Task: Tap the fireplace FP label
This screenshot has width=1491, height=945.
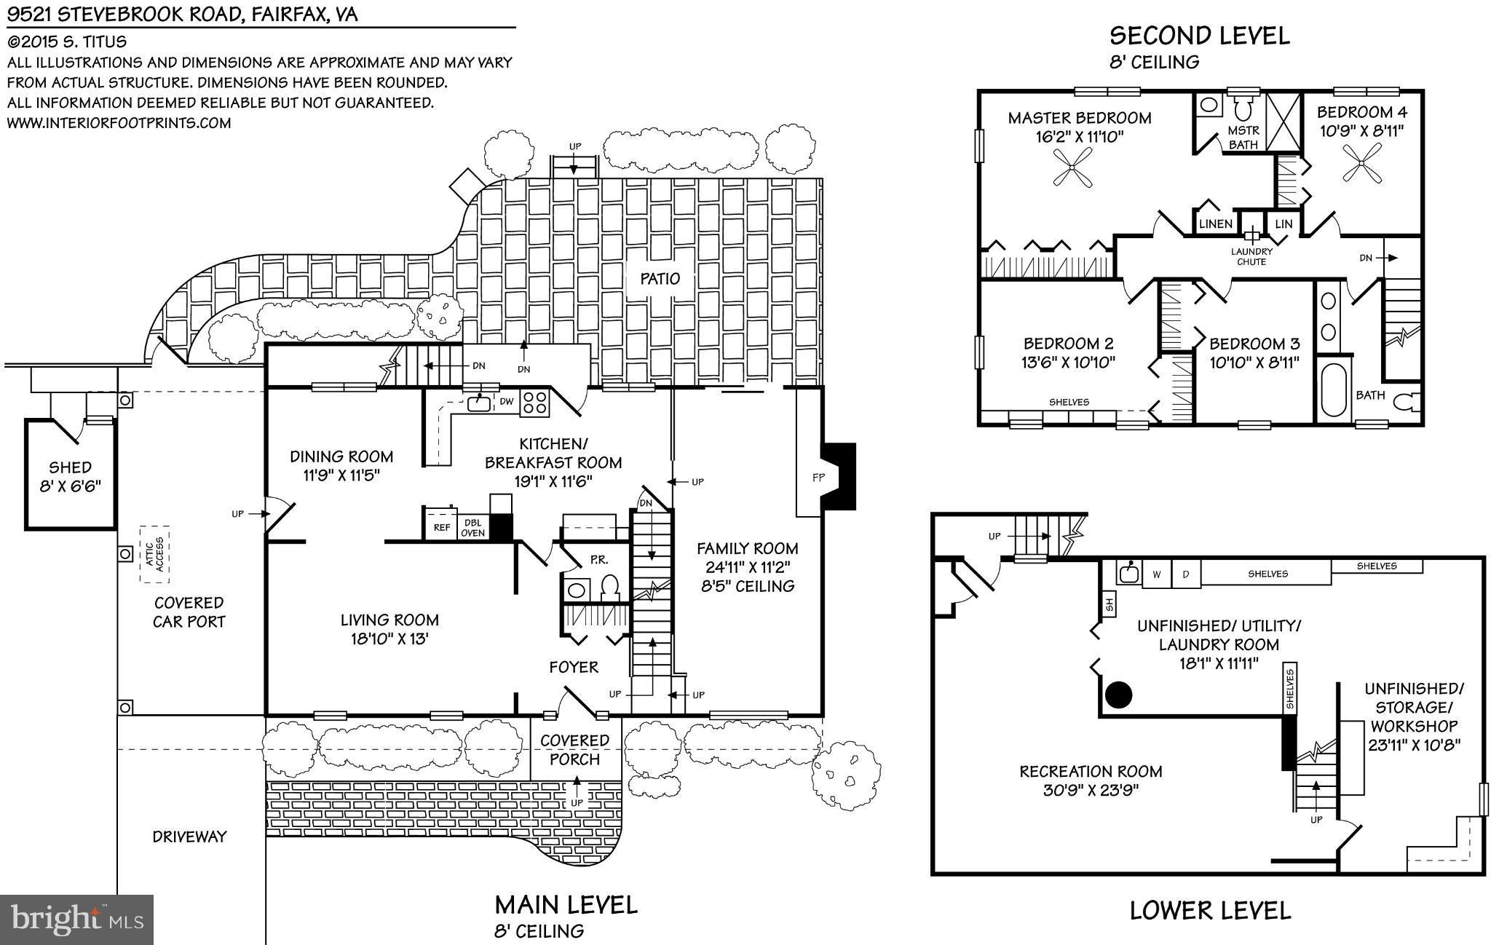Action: (x=818, y=478)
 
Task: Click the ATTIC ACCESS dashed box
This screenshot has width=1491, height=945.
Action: (x=154, y=555)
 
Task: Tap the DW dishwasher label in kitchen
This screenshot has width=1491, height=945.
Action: (x=506, y=401)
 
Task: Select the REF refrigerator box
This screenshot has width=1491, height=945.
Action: (x=441, y=527)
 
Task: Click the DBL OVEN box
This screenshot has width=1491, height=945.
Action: (x=473, y=527)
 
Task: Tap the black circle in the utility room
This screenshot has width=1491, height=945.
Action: (x=1119, y=695)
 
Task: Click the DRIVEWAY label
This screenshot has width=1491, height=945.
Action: (x=189, y=837)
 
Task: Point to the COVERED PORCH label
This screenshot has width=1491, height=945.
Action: (x=574, y=750)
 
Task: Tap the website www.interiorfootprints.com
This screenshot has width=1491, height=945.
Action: (x=119, y=123)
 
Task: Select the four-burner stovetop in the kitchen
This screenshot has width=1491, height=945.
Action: (x=535, y=403)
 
